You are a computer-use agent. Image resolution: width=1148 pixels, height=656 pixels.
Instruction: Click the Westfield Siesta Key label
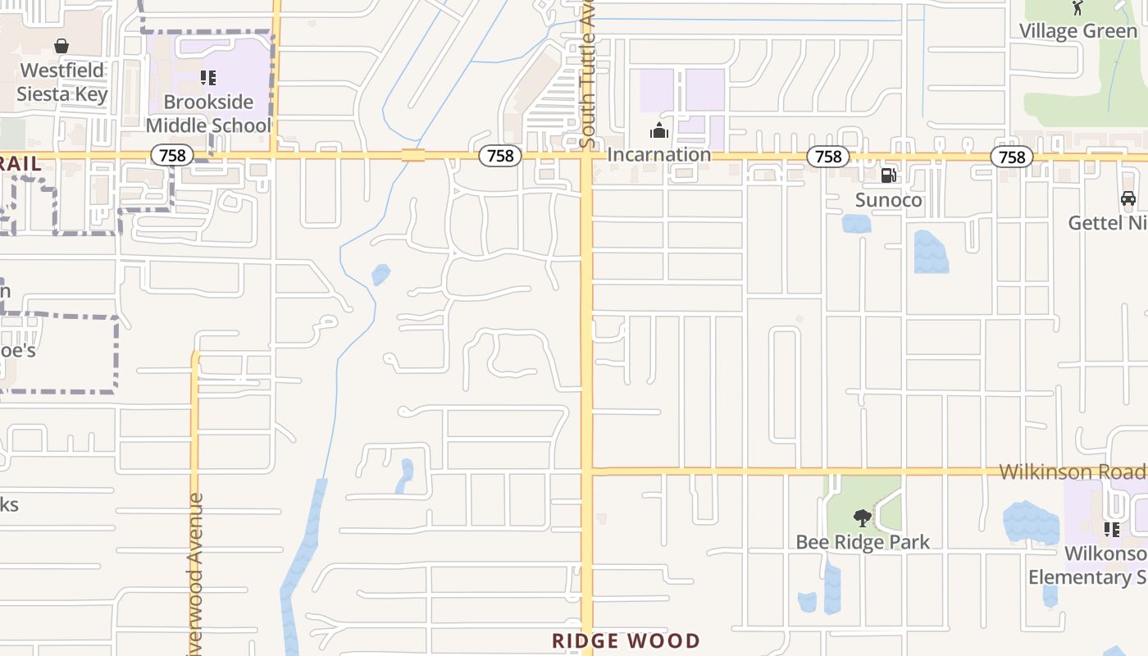tap(62, 82)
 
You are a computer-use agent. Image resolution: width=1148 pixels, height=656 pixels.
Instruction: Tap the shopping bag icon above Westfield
tap(61, 46)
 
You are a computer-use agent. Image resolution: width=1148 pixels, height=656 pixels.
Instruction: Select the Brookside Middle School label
tap(208, 114)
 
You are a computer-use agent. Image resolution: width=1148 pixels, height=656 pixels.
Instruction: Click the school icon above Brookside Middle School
tap(208, 78)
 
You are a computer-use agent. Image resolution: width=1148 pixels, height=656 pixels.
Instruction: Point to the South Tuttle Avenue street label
tap(587, 78)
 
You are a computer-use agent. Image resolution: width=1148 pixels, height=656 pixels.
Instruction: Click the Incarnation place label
tap(658, 154)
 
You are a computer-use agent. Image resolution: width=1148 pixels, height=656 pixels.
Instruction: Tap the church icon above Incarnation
tap(658, 130)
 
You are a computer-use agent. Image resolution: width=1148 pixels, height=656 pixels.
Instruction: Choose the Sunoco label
tap(888, 200)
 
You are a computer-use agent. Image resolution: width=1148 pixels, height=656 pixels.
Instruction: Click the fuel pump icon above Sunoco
tap(888, 175)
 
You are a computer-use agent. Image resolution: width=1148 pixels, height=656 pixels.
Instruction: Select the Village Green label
tap(1077, 31)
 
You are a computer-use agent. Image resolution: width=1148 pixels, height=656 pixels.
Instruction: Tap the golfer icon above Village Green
tap(1077, 8)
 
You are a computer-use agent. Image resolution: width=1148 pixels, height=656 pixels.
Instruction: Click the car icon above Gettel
tap(1128, 198)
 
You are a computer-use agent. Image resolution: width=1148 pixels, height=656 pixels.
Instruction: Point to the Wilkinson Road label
tap(1072, 471)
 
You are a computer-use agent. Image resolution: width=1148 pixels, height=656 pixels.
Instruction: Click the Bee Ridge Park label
tap(863, 542)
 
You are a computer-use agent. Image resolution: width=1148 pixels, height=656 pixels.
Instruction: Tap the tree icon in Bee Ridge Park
tap(862, 517)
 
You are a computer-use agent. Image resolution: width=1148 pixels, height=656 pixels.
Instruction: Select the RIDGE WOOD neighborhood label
tap(626, 640)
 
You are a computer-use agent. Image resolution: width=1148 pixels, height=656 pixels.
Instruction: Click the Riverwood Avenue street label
tap(194, 574)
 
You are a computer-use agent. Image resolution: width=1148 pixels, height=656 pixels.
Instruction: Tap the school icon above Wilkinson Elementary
tap(1112, 530)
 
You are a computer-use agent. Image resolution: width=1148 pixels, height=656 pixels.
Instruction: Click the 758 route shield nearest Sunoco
tap(828, 156)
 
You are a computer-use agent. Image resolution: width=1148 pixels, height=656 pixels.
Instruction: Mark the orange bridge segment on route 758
tap(413, 155)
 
